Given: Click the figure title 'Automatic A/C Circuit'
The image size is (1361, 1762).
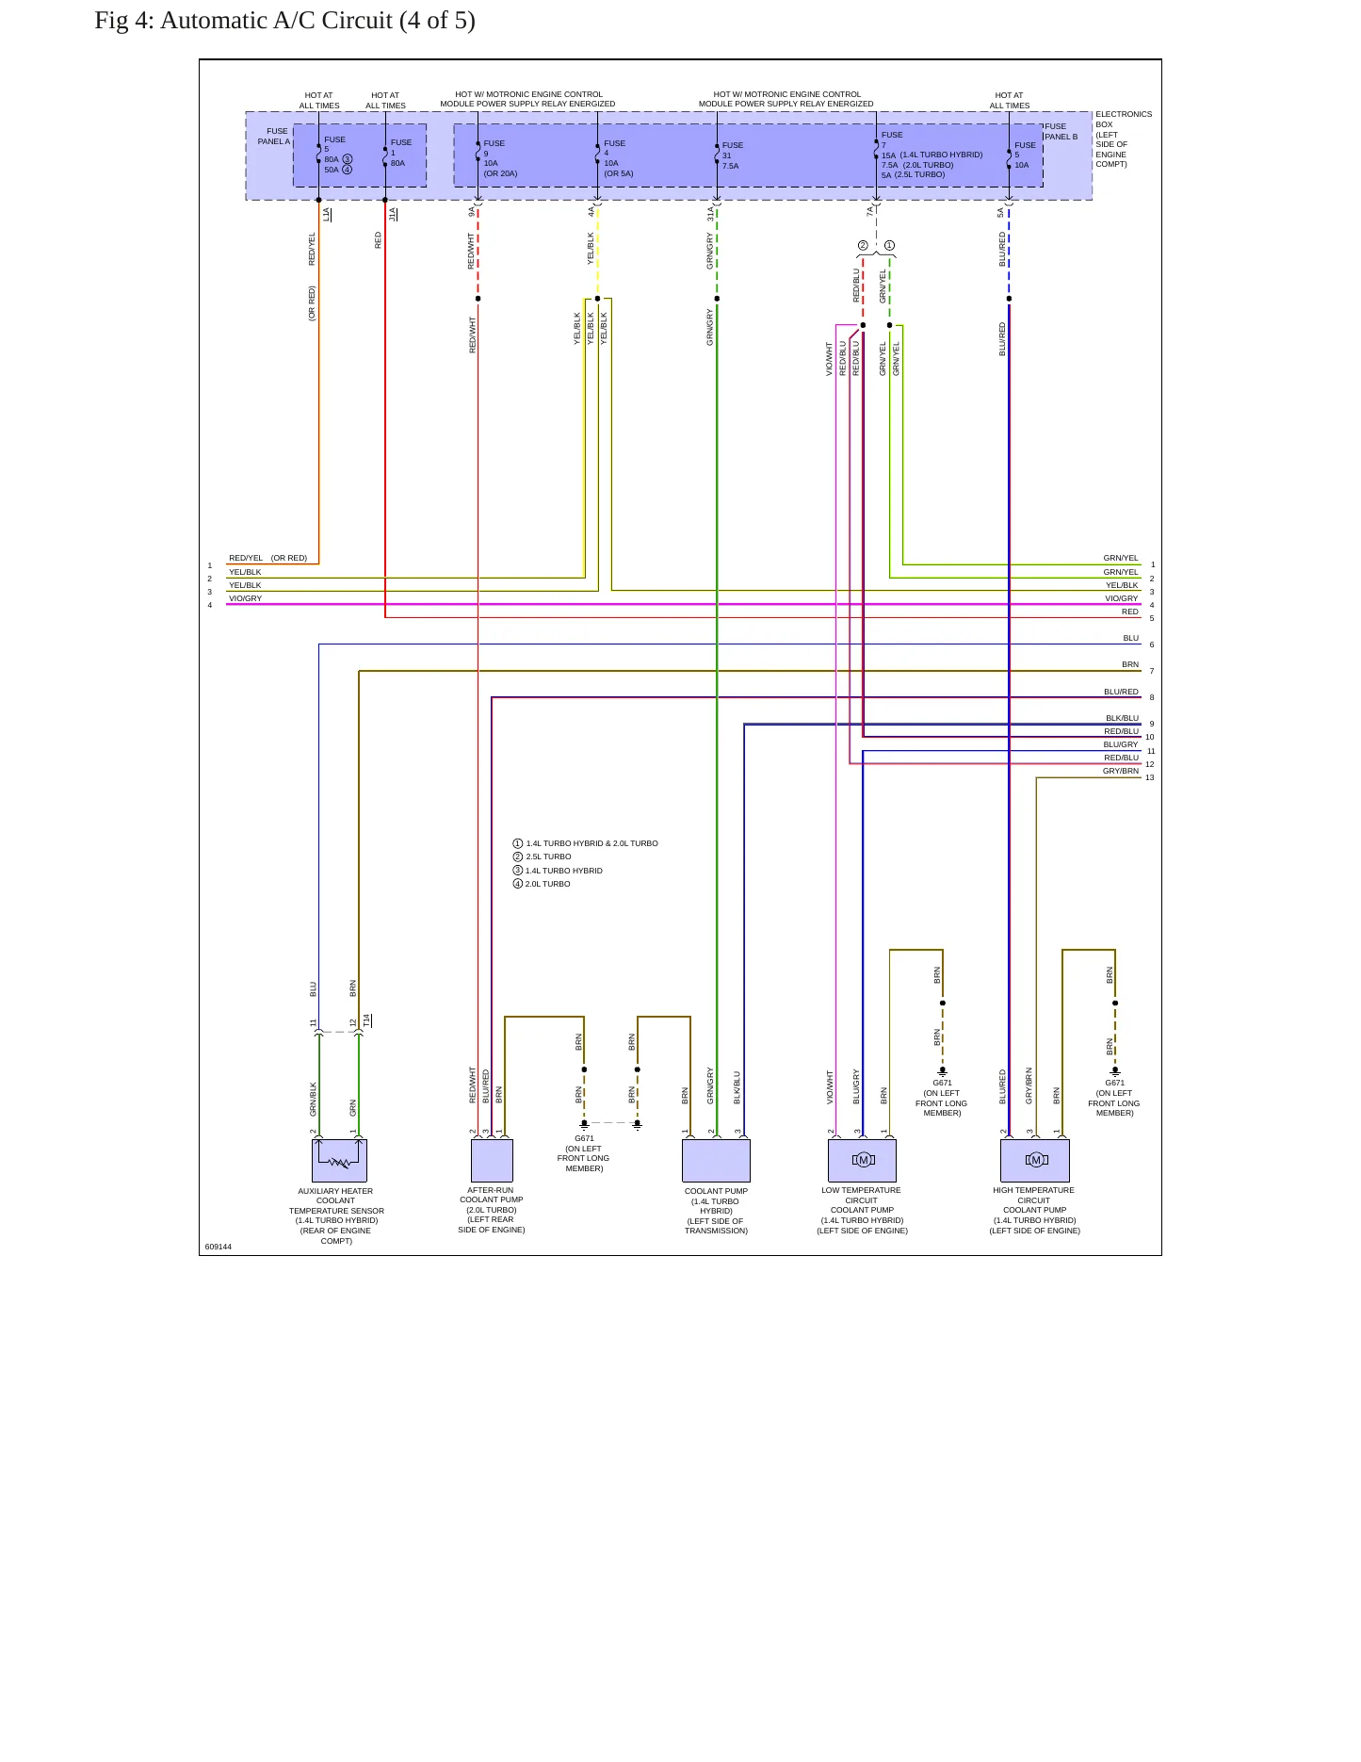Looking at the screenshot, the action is tap(276, 21).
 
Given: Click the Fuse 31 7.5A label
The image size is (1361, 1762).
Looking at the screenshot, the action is tap(732, 155).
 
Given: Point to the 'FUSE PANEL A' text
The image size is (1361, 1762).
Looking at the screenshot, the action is tap(273, 137).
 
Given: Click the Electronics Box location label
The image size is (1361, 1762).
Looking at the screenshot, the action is tap(1123, 139).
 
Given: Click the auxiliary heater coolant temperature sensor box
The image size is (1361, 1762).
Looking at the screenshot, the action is tap(339, 1161).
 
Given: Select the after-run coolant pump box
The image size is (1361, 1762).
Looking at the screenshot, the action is tap(492, 1161).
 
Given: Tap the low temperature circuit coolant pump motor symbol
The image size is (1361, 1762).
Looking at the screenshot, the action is tap(863, 1160).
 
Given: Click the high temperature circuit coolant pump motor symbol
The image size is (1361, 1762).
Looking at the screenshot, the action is tap(1036, 1160).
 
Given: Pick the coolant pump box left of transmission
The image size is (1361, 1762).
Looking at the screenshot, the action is tap(716, 1161).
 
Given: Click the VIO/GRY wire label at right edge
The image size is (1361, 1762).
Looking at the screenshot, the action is tap(1121, 598).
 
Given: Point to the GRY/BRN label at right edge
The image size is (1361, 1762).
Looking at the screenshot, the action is tap(1121, 771).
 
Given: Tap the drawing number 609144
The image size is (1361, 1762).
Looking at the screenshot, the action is tap(219, 1247).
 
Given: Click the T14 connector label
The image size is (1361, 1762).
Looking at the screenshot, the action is tap(367, 1020).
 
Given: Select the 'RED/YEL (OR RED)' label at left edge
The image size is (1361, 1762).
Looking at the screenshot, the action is tap(268, 558).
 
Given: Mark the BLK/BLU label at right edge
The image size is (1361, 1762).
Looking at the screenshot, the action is tap(1122, 718).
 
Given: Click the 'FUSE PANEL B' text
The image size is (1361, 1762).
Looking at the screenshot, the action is tap(1061, 131).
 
